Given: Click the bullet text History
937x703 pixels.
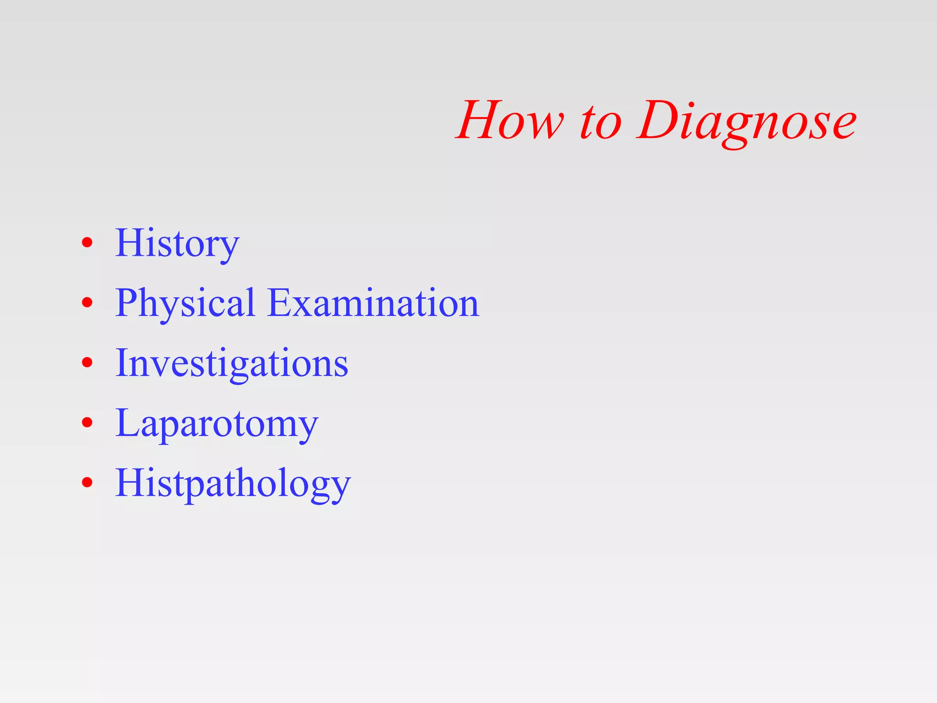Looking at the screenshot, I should (x=177, y=243).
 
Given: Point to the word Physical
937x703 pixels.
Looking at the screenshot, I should (x=185, y=303).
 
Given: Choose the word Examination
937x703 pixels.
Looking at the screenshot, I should (x=373, y=303).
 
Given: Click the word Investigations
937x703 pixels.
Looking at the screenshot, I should (x=232, y=363).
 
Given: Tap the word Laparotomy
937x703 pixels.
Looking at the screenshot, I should (x=216, y=423).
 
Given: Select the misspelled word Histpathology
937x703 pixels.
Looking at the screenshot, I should (x=233, y=483).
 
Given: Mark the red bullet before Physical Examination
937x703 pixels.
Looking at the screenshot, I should (x=87, y=303).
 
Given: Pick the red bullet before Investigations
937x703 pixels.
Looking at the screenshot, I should (x=87, y=362).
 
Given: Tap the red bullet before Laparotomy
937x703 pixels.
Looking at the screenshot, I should (x=87, y=422).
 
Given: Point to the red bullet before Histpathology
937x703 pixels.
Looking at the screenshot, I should (x=87, y=482).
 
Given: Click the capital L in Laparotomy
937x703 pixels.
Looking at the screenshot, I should (x=129, y=423).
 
